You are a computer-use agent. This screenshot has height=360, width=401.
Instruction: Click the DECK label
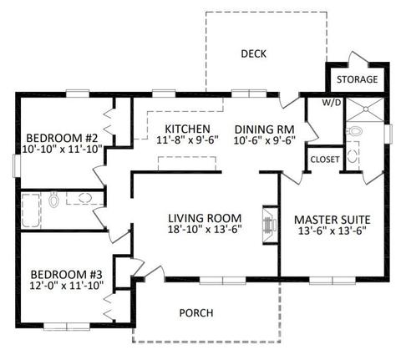click(253, 53)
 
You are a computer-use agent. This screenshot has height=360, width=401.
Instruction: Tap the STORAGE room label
click(357, 79)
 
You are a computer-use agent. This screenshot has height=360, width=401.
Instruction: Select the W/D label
click(332, 103)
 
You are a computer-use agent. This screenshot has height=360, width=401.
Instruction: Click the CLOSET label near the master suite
click(325, 160)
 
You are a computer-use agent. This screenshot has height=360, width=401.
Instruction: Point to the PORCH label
click(196, 313)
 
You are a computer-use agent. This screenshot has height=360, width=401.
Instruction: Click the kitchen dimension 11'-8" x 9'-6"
click(187, 140)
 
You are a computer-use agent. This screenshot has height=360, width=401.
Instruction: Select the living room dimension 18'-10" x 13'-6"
click(205, 230)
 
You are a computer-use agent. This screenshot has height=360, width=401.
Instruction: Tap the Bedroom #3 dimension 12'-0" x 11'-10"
click(67, 286)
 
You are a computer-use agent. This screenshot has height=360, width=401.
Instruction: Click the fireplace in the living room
click(271, 225)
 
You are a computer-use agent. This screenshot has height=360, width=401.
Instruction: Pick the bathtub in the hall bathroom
click(31, 210)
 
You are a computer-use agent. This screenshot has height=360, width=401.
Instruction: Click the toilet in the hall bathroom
click(53, 200)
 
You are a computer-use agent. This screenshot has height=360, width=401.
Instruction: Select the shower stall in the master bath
click(365, 109)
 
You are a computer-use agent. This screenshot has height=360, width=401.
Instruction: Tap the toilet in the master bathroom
click(355, 131)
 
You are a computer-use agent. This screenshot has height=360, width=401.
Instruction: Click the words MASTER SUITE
click(332, 220)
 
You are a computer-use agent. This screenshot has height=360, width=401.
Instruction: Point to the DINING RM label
click(265, 129)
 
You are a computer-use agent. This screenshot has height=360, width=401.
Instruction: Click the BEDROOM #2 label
click(62, 138)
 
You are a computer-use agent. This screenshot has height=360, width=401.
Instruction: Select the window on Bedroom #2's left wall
click(18, 166)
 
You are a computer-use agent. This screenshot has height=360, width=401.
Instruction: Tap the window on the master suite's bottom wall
click(332, 281)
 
